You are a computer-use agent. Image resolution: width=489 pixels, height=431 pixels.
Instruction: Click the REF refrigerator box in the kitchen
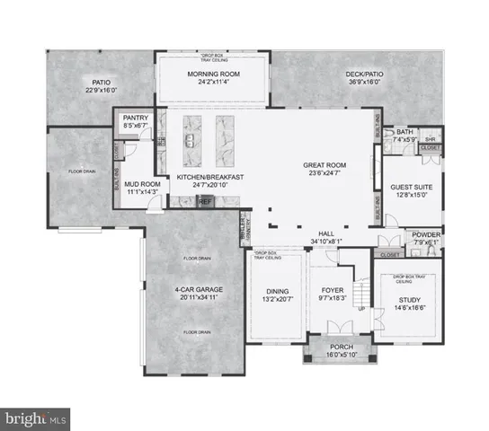coord(205,202)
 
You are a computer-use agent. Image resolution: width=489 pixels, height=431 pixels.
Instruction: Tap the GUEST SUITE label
coord(413,187)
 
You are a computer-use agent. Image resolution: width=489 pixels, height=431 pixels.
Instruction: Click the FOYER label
coord(333,290)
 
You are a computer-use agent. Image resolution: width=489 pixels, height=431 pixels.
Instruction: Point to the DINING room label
coord(277,290)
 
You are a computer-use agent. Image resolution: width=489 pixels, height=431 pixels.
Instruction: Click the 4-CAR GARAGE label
coord(199,290)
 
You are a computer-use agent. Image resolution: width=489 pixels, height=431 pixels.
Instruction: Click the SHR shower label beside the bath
coord(429,139)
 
